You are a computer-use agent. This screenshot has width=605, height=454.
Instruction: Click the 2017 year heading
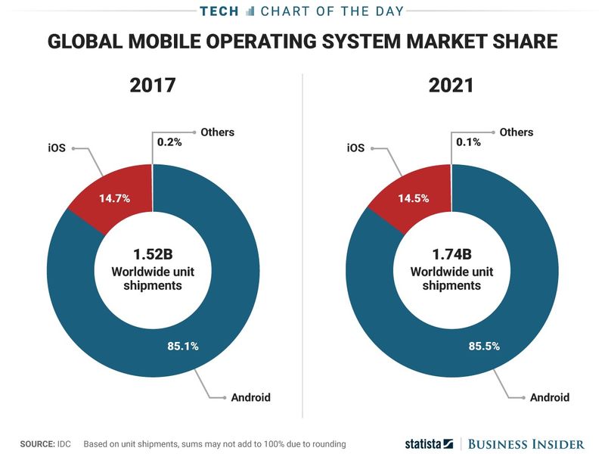click(x=152, y=85)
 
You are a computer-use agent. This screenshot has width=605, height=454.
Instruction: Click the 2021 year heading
click(x=451, y=85)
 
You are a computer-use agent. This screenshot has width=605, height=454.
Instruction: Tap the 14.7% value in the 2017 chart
click(x=115, y=199)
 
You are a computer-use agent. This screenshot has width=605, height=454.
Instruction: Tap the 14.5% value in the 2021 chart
click(x=414, y=199)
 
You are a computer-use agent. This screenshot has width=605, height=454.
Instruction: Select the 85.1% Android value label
click(x=182, y=347)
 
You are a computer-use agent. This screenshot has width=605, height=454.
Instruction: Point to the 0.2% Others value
click(x=169, y=141)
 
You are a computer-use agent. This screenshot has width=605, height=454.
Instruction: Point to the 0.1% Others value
click(x=468, y=141)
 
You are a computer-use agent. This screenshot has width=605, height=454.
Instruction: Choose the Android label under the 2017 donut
click(x=251, y=397)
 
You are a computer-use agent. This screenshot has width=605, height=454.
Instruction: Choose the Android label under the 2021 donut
click(x=550, y=397)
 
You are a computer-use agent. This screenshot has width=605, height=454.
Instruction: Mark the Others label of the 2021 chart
click(x=517, y=132)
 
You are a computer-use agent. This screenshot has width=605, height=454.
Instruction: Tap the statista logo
click(x=427, y=443)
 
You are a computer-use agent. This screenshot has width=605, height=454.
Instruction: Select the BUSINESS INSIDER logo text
click(x=526, y=443)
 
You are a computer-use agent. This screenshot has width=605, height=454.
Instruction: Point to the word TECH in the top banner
click(x=222, y=11)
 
